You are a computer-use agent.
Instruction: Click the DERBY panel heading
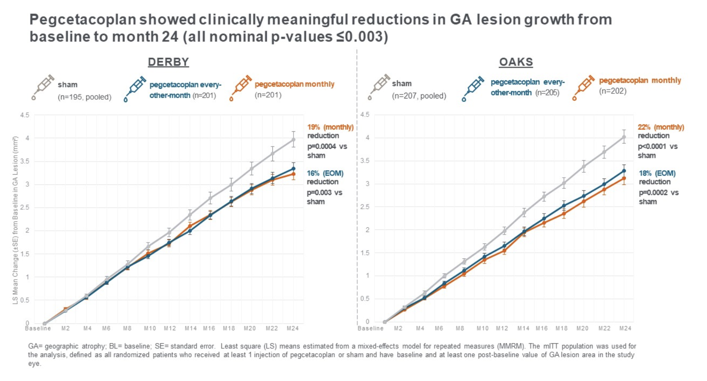coord(168,62)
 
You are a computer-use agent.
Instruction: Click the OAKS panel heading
coord(516,62)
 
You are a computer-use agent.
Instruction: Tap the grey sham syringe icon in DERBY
coord(43,87)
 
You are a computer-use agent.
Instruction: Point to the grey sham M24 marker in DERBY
coord(293,140)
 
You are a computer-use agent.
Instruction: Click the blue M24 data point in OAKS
coord(624,171)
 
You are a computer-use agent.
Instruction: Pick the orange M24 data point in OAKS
coord(624,178)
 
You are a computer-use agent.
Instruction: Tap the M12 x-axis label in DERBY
coord(170,329)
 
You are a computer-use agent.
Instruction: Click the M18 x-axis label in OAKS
coord(562,329)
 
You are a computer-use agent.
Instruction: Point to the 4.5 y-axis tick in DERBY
coord(25,115)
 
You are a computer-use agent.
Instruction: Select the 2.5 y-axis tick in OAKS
coord(365,207)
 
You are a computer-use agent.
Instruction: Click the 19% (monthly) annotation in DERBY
coord(330,127)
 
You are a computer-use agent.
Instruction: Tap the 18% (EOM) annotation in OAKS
coord(657,174)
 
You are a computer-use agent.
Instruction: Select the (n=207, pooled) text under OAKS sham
coord(419,96)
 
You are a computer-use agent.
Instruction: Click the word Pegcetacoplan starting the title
coord(82,19)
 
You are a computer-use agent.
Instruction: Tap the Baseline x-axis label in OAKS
coord(370,329)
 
